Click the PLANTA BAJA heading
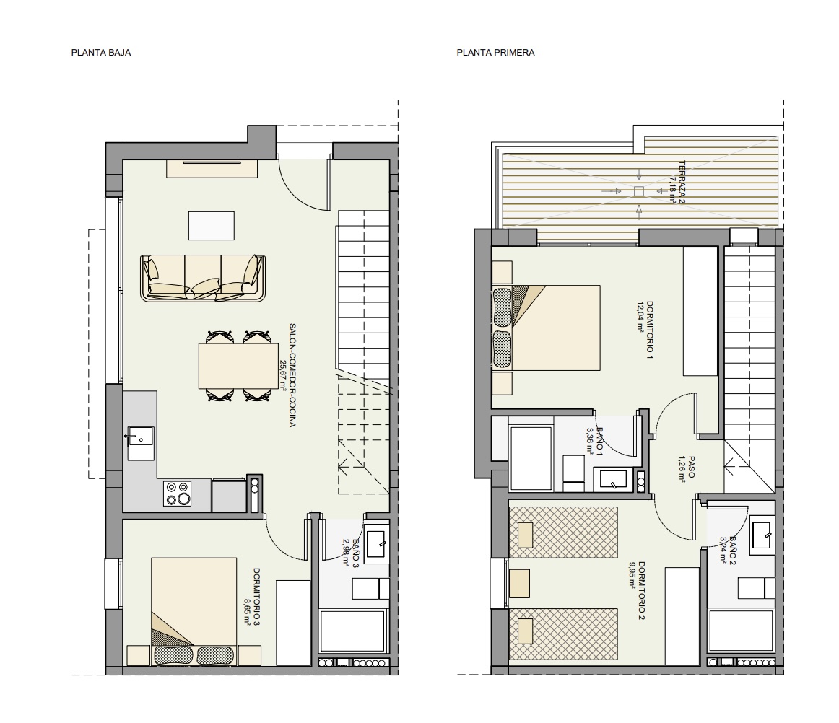click(x=101, y=53)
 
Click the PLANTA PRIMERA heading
click(x=495, y=53)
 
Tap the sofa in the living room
click(x=203, y=278)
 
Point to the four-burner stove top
click(x=178, y=494)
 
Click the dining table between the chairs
click(x=239, y=366)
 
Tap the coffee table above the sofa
click(x=212, y=226)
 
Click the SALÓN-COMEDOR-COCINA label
click(x=292, y=375)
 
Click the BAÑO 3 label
click(x=356, y=553)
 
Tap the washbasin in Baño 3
click(x=377, y=545)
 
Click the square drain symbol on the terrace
click(x=639, y=191)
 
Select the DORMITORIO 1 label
click(x=650, y=330)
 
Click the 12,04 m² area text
click(x=640, y=317)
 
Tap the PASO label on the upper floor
click(x=691, y=467)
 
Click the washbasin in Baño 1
click(x=613, y=478)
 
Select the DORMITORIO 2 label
click(x=642, y=590)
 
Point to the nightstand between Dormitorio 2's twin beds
click(x=520, y=584)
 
